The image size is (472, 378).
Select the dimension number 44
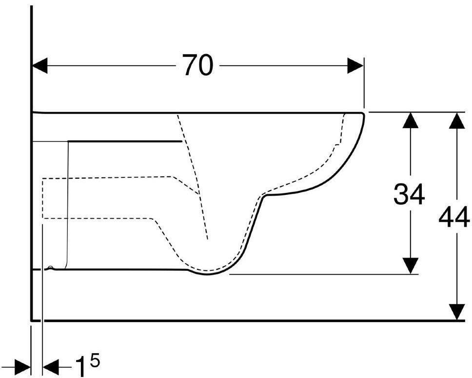pos(454,217)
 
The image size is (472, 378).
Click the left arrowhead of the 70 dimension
pos(39,65)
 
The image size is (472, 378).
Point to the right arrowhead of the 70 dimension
pos(356,65)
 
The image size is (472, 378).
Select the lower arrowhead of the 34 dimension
pos(412,266)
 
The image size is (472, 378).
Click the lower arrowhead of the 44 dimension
pos(456,313)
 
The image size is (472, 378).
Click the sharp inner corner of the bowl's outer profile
pos(264,196)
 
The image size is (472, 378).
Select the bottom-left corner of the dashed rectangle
pos(43,218)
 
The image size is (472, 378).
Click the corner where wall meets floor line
pos(32,321)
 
